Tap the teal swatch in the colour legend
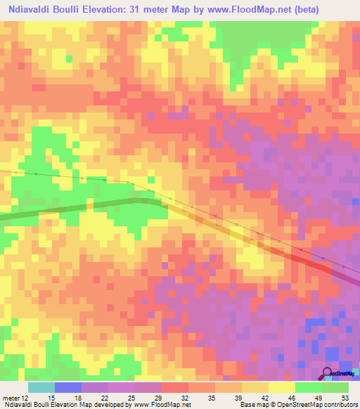pos(41,387)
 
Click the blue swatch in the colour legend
pos(68,387)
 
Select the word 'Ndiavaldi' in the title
pos(35,10)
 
